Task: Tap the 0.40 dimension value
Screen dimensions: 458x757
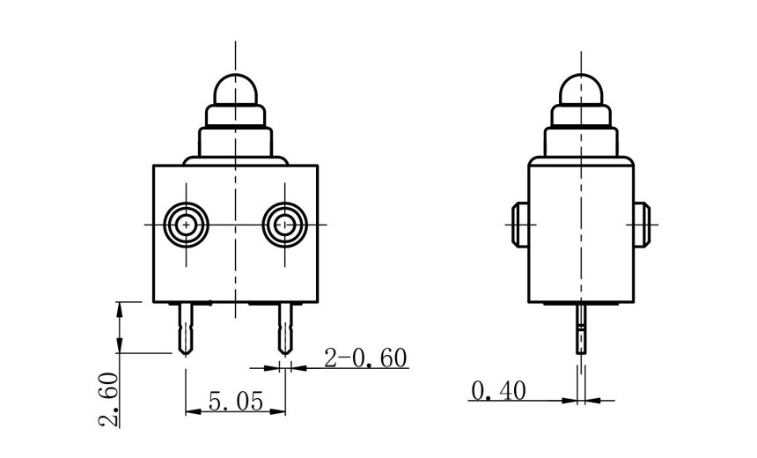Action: click(499, 389)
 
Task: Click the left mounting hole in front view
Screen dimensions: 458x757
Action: click(186, 225)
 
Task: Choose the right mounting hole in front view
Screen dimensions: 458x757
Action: click(284, 225)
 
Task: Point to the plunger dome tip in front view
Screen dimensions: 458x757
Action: click(235, 86)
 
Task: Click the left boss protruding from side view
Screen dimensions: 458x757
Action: click(518, 225)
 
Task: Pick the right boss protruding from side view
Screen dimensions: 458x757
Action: click(643, 225)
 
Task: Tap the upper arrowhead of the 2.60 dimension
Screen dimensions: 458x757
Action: click(119, 307)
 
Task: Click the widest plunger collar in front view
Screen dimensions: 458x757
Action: click(235, 141)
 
